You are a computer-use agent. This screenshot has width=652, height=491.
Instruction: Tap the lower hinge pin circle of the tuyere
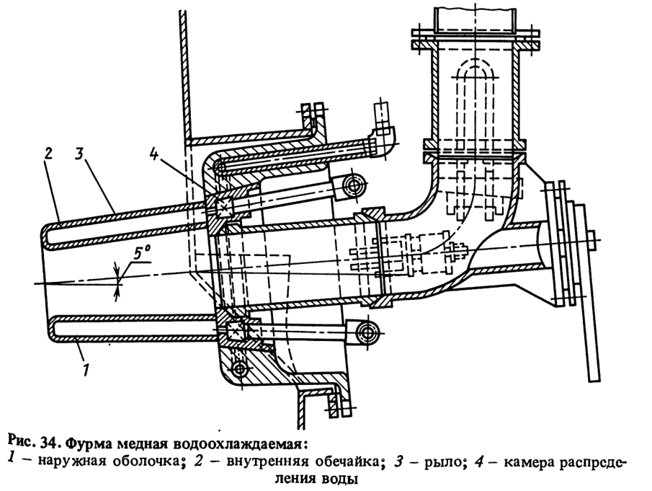(370, 334)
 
